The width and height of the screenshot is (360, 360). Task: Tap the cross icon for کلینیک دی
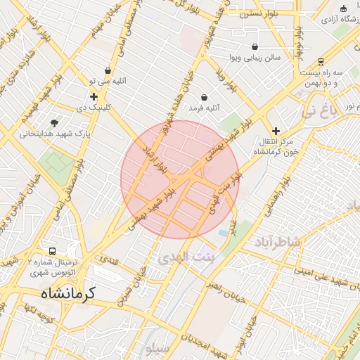[94, 96]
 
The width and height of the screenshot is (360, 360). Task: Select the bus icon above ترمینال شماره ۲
[53, 251]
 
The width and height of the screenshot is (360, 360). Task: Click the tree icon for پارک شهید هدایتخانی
[55, 122]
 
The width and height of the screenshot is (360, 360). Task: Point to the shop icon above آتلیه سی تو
[108, 70]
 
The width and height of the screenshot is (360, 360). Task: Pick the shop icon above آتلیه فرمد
[205, 97]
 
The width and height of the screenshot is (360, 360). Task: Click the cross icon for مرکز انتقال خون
[276, 131]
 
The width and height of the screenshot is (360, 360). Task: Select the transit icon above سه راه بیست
[321, 61]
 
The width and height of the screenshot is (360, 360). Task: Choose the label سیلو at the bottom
[155, 348]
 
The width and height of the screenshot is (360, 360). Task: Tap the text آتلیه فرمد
[205, 109]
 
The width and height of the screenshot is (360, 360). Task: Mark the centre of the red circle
[180, 179]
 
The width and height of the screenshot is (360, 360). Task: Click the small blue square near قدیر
[223, 232]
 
